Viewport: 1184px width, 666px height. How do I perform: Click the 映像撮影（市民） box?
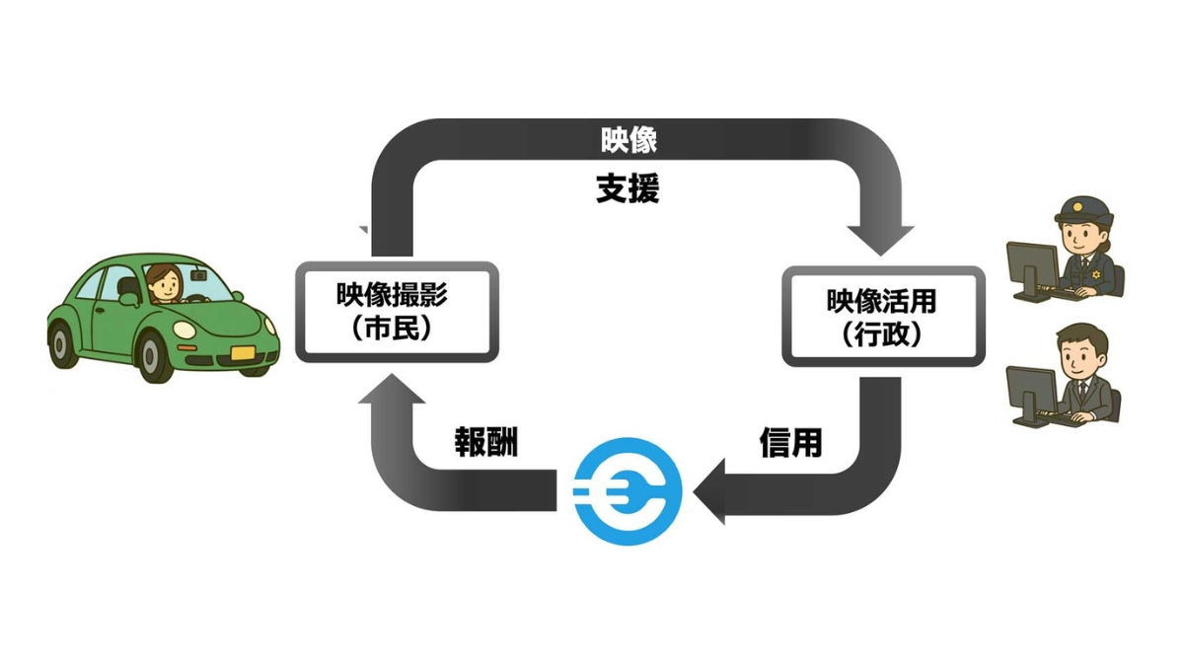pos(397,312)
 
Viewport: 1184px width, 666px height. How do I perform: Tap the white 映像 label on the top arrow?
pos(629,141)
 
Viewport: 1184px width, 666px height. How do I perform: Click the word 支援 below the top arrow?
pos(628,188)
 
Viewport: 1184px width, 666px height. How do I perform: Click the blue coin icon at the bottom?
pos(628,490)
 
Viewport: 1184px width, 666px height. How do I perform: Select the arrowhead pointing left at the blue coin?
pos(711,491)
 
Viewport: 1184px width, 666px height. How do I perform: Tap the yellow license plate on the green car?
pos(242,351)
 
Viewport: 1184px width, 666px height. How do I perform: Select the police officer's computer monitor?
pos(1031,265)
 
